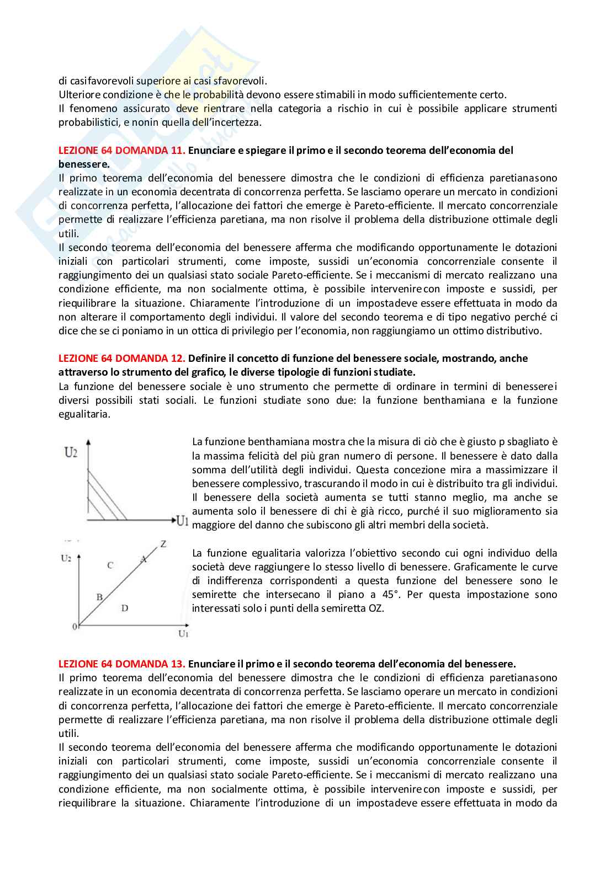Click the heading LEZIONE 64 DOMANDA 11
(122, 151)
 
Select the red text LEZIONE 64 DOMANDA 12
(122, 359)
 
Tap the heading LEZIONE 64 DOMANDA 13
(122, 664)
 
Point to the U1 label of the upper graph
(183, 520)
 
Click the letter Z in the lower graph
(163, 544)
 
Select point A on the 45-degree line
(144, 559)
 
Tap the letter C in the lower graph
(110, 565)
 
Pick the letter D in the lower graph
(125, 608)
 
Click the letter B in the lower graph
(100, 597)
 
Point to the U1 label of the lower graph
(183, 634)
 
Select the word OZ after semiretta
(376, 608)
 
